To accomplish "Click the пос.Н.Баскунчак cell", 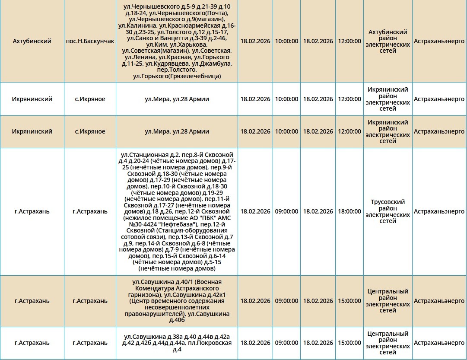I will (x=90, y=41).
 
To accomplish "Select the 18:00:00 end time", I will (x=349, y=212).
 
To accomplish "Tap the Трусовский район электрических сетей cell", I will (x=388, y=212).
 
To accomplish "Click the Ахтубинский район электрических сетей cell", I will (x=388, y=41).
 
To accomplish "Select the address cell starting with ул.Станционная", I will (x=177, y=212).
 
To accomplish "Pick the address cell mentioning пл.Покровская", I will (x=177, y=343).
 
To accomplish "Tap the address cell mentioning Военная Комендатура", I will (x=177, y=301).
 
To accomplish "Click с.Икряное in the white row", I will (x=90, y=99).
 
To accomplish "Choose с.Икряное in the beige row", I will (x=90, y=132).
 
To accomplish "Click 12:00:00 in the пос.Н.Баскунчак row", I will (x=349, y=41).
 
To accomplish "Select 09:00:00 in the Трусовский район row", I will (x=286, y=212).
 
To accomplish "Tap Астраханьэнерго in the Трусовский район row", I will (x=439, y=212).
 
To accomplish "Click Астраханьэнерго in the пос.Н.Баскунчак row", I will (x=439, y=41).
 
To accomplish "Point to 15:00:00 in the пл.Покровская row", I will (x=349, y=343).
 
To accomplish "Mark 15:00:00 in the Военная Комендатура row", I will (x=349, y=301).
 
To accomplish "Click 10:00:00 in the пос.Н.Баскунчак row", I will (x=286, y=41).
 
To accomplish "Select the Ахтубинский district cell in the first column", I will (x=32, y=41).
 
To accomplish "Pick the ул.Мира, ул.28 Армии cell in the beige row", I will (x=177, y=132).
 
